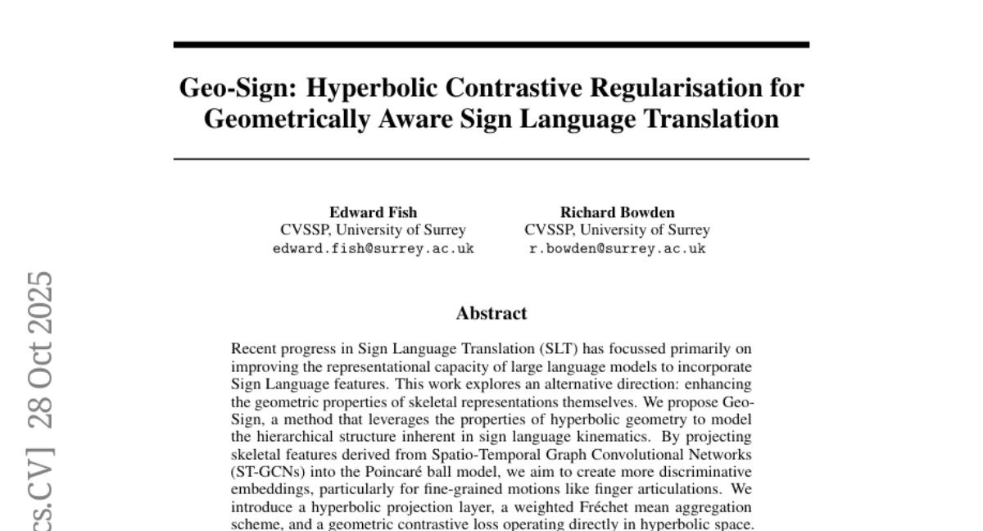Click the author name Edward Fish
373,212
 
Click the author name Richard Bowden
617,212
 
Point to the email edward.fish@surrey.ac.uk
373,248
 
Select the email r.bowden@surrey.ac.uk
617,248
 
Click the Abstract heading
491,313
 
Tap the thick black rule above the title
491,44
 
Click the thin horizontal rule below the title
491,158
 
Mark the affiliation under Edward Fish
373,230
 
